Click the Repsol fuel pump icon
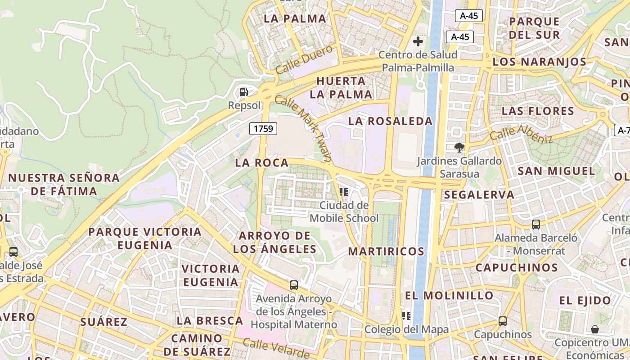click(243, 92)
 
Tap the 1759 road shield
click(263, 129)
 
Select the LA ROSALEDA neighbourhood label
click(390, 121)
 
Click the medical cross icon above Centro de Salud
click(418, 42)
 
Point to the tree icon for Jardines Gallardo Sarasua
click(459, 147)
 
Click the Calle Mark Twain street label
click(303, 129)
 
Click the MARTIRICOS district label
click(386, 251)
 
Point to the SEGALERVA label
click(479, 195)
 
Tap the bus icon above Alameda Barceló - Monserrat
click(535, 224)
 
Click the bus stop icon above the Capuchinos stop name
click(503, 321)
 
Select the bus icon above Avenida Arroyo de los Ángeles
click(293, 285)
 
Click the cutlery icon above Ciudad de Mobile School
click(344, 192)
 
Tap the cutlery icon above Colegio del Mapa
click(406, 316)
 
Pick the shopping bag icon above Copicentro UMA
click(595, 329)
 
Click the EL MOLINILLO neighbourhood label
click(449, 296)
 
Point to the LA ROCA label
click(261, 163)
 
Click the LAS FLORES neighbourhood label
click(538, 111)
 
